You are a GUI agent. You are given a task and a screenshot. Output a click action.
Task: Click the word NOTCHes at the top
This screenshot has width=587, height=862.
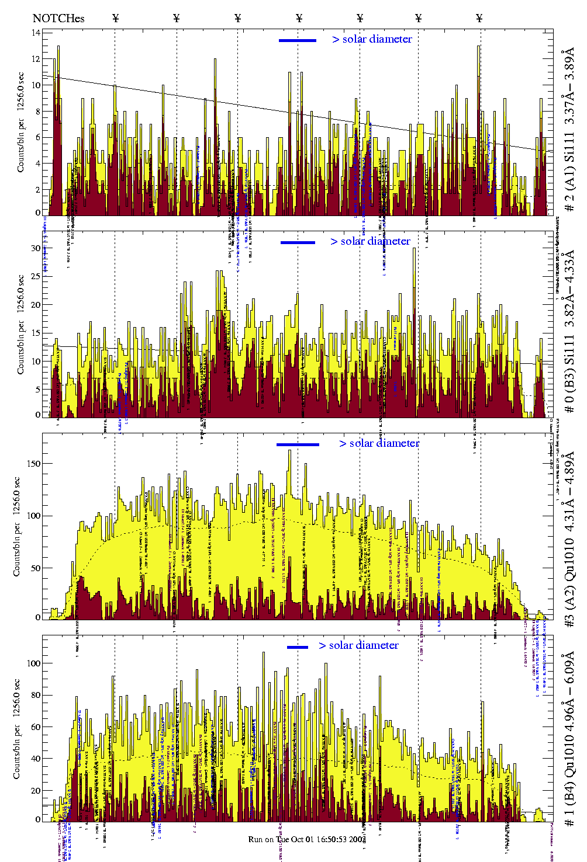tap(58, 18)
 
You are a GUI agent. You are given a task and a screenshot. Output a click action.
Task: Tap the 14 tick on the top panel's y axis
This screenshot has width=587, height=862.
tap(36, 33)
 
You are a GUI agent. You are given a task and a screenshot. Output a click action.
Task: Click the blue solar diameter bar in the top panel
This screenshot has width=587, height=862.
tap(298, 40)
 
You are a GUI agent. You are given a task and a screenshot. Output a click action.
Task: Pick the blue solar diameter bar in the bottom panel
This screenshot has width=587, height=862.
tap(298, 647)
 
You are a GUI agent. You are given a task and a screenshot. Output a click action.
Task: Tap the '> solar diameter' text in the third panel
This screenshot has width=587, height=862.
tap(379, 443)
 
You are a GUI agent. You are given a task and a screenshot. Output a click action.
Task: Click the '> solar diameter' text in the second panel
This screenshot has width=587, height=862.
tap(370, 241)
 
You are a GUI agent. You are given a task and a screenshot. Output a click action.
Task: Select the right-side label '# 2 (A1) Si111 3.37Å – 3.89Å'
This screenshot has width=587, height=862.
tap(569, 131)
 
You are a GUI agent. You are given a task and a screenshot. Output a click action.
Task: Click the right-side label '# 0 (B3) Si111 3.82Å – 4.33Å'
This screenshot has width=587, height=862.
tap(569, 331)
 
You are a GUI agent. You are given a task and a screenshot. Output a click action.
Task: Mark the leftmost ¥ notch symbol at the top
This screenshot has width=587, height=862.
tap(115, 18)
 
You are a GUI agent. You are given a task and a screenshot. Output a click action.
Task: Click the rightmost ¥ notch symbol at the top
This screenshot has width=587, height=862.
tap(479, 18)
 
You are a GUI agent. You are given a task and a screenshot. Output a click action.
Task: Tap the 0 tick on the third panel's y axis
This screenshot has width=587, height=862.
tap(38, 617)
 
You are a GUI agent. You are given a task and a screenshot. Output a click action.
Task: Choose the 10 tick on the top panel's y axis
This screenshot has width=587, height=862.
tap(36, 85)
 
